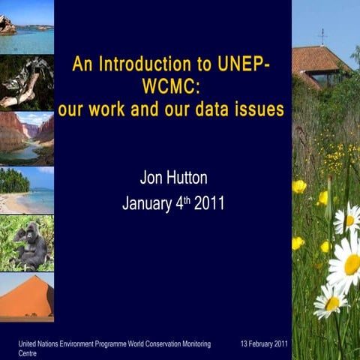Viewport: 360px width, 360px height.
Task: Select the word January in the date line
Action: pos(147,203)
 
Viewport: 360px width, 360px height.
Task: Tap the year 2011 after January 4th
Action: pos(209,203)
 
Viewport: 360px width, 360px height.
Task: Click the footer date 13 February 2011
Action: pos(264,343)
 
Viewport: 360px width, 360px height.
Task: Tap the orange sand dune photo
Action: pos(27,297)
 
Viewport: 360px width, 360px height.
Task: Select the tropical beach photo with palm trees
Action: pos(27,190)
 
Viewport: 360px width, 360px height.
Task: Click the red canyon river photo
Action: pos(27,138)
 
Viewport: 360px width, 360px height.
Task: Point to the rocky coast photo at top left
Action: pos(27,28)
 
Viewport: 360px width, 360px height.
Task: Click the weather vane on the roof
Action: pos(322,35)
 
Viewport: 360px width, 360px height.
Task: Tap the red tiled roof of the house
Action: pos(319,58)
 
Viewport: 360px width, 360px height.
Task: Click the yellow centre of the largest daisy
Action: pos(351,264)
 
